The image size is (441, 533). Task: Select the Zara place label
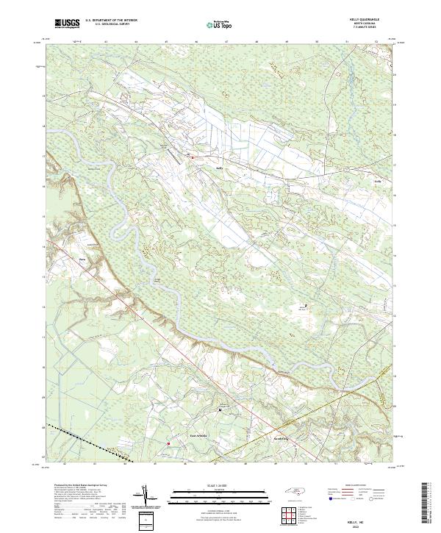point(73,258)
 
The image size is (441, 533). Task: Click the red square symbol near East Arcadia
point(168,443)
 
